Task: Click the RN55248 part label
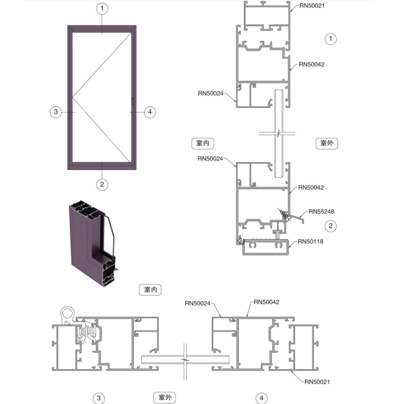tap(321, 212)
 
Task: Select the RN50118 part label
tap(311, 241)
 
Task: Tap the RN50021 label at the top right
tap(312, 6)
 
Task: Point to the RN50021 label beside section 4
tap(317, 382)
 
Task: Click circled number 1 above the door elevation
tap(102, 9)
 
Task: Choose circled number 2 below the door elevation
tap(102, 184)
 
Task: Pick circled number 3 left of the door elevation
tap(56, 112)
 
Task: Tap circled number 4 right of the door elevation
tap(150, 112)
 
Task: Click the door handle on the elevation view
tap(133, 100)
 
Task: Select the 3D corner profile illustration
tap(93, 243)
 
